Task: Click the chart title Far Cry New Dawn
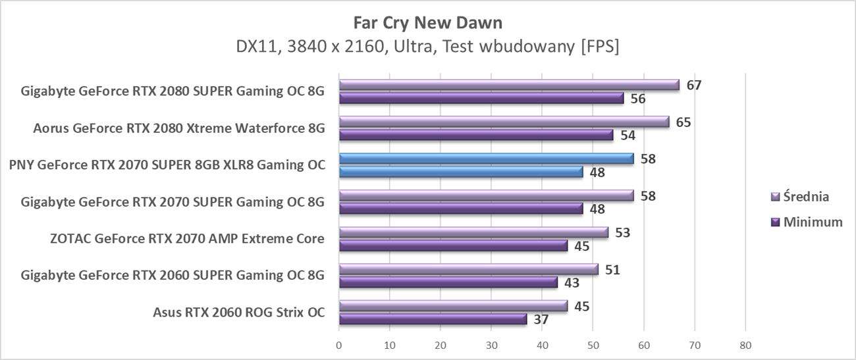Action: [x=427, y=23]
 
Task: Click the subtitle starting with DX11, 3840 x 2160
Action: [x=427, y=47]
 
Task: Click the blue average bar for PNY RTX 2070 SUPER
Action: [x=486, y=159]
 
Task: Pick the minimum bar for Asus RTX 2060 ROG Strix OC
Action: [x=433, y=319]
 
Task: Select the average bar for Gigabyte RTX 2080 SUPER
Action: [x=509, y=85]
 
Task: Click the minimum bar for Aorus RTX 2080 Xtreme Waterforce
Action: [x=476, y=135]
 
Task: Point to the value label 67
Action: [x=694, y=85]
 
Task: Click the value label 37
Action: [x=541, y=320]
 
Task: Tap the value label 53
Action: [x=623, y=232]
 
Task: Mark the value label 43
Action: [x=572, y=283]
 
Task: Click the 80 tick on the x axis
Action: [x=745, y=345]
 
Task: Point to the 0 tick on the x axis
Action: [x=339, y=345]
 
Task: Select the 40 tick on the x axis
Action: [x=542, y=345]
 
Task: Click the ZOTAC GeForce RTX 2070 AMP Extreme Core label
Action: [x=187, y=238]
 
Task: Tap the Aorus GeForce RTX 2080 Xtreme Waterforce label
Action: [x=179, y=128]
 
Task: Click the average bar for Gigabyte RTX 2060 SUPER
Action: [x=469, y=269]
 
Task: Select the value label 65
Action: [x=683, y=122]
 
